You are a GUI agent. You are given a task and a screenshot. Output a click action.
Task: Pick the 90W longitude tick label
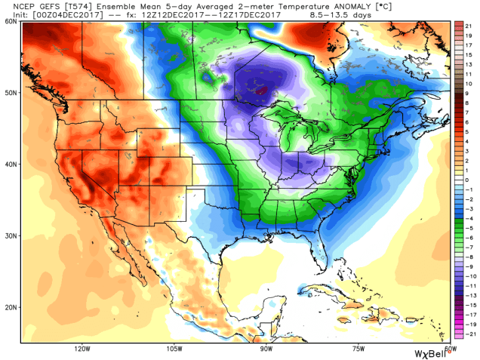[x=266, y=349]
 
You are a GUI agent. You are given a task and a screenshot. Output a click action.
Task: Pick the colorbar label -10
[x=470, y=266]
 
